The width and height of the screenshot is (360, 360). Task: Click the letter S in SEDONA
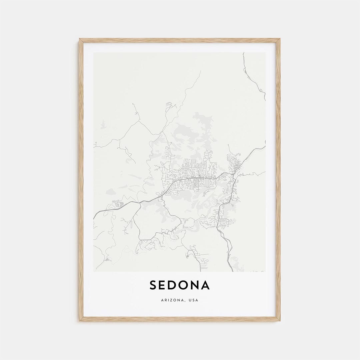tap(153, 285)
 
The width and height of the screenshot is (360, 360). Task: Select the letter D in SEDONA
tap(174, 285)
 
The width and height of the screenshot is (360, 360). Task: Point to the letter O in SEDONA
tap(186, 285)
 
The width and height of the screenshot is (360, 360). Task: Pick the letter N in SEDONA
tap(197, 285)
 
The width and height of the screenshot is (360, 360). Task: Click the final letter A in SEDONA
tap(207, 285)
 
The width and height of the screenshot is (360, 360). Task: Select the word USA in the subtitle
tap(193, 300)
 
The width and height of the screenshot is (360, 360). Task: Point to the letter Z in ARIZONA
tap(170, 300)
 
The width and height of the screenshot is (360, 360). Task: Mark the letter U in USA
tap(190, 300)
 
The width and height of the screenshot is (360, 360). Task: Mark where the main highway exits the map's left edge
tap(94, 218)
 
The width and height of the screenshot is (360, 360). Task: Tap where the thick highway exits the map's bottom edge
tap(232, 270)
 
